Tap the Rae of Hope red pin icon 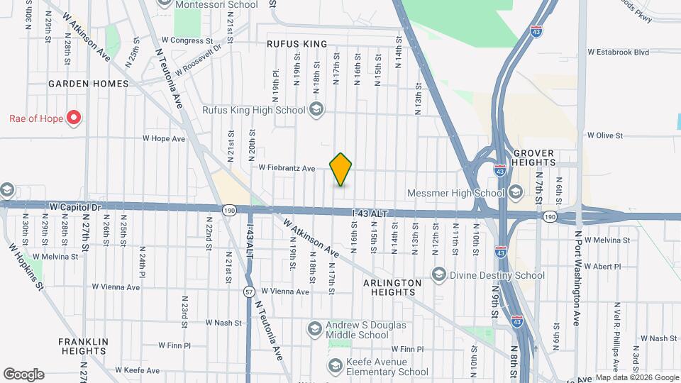click(x=74, y=118)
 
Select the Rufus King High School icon click(x=316, y=110)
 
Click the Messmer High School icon click(x=514, y=192)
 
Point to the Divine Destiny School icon click(x=439, y=274)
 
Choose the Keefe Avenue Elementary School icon click(x=336, y=366)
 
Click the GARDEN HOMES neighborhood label click(x=89, y=84)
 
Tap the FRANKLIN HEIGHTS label click(x=83, y=346)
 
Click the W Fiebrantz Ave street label click(x=287, y=168)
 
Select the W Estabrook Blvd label click(x=619, y=52)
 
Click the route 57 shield click(x=249, y=291)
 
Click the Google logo click(x=23, y=374)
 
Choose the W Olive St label click(x=604, y=135)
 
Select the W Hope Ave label click(x=164, y=139)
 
